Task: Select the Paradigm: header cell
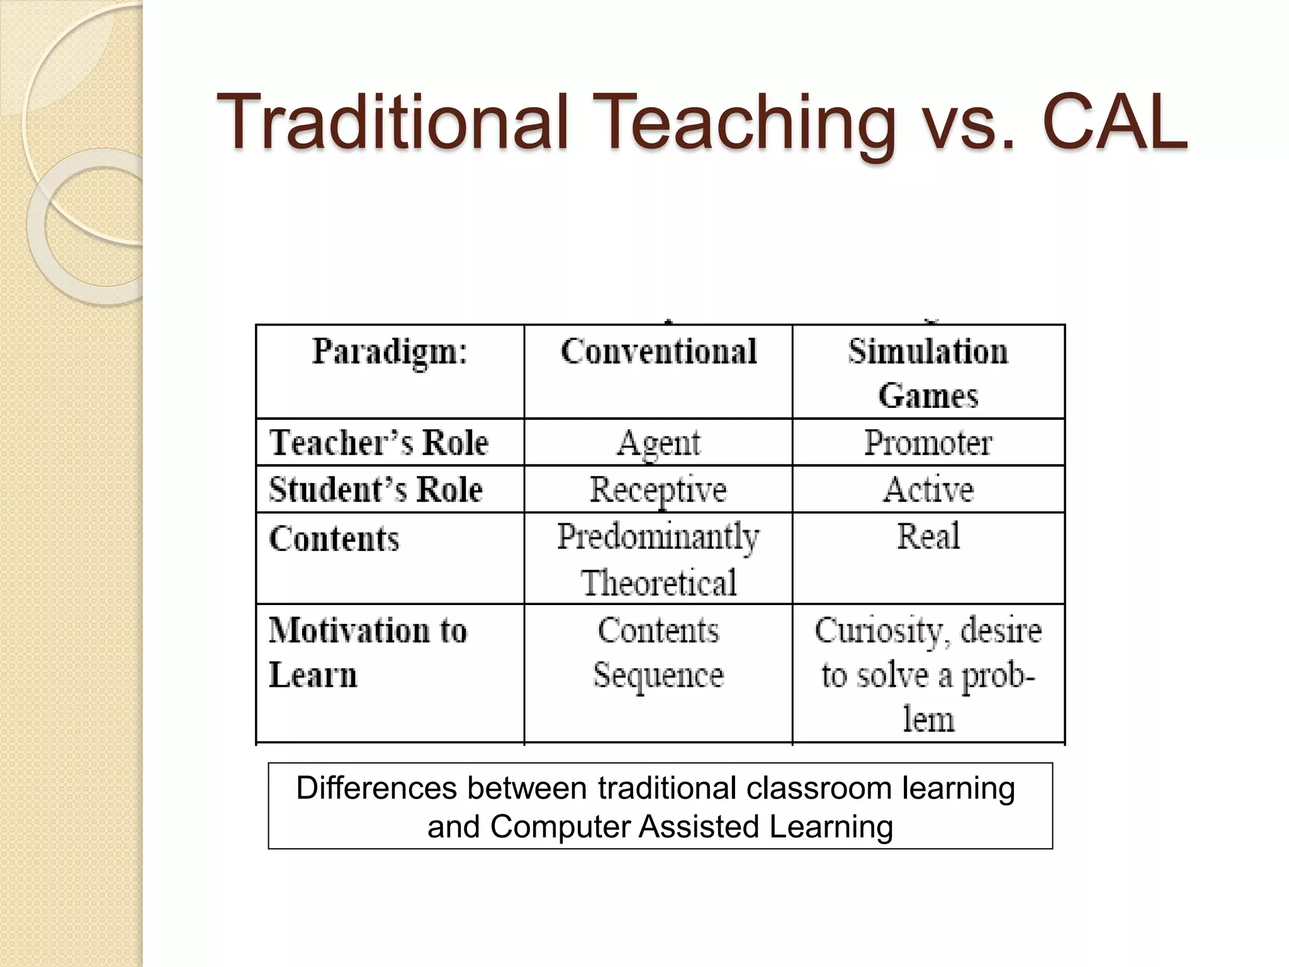point(390,351)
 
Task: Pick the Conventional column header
point(658,351)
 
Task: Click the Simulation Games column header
point(928,373)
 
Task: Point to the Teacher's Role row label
point(378,443)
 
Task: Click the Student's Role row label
point(376,490)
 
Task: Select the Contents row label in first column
point(334,540)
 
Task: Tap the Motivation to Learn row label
point(368,652)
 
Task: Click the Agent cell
point(658,443)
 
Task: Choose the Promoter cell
point(928,443)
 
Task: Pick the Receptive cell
point(658,490)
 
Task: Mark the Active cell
point(928,490)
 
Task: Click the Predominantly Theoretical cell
point(658,559)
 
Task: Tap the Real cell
point(928,537)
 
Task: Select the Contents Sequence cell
point(658,652)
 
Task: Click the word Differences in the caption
point(376,788)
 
